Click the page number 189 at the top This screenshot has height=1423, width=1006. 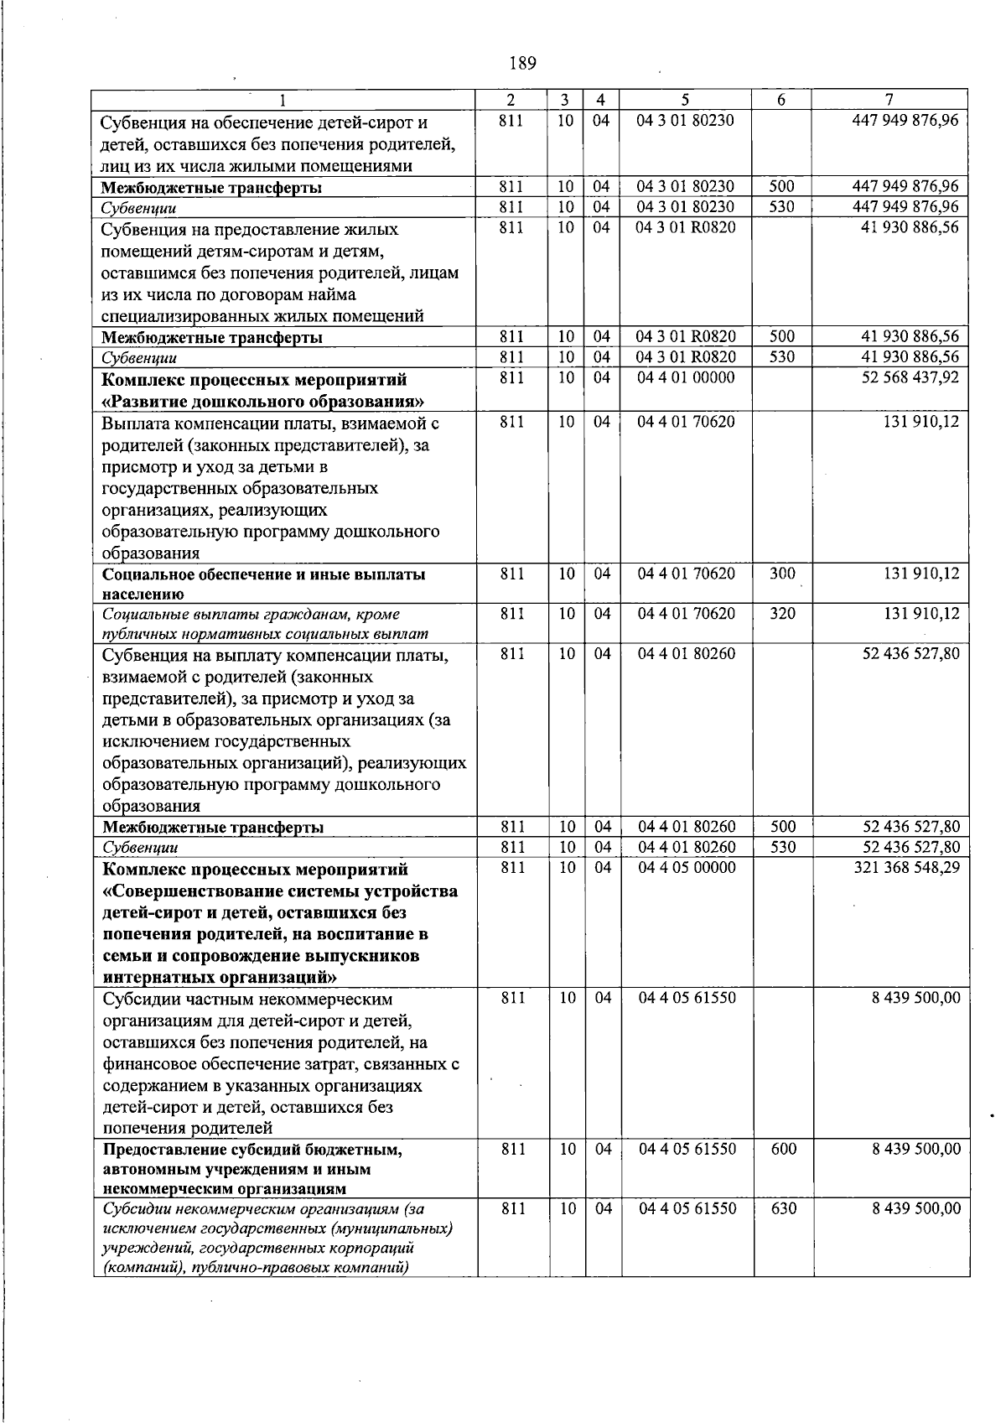coord(522,63)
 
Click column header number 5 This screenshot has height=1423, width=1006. coord(685,99)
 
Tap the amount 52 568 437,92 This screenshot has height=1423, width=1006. coord(910,377)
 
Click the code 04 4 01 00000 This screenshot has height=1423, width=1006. coord(686,377)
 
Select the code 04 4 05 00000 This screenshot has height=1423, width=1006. coord(687,867)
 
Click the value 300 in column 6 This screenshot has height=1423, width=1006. coord(783,574)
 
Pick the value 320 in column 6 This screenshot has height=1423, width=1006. coord(783,614)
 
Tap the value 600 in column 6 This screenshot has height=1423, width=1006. coord(783,1149)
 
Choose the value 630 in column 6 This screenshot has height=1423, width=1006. coord(783,1208)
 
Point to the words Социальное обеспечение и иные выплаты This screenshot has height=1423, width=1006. coord(263,574)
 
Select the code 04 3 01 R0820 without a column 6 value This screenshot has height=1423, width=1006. coord(686,227)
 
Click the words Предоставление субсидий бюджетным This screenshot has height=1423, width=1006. coord(252,1149)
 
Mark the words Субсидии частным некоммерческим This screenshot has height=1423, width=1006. coord(246,1000)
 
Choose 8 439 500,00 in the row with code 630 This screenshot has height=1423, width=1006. coord(915,1208)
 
